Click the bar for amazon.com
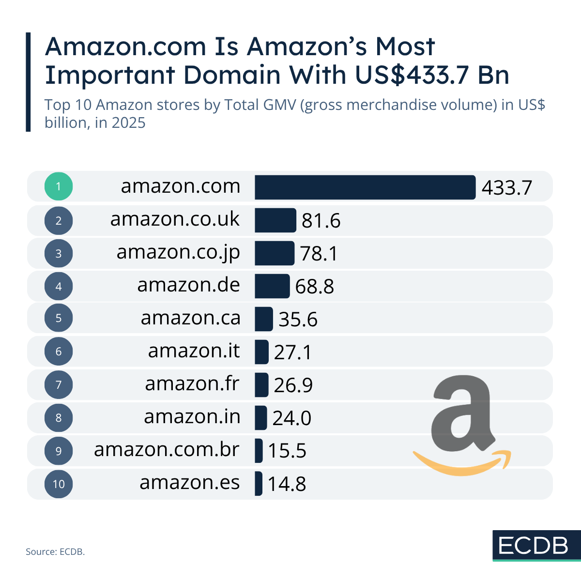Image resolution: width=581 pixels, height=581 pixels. pyautogui.click(x=365, y=187)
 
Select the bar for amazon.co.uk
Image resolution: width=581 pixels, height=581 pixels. pyautogui.click(x=275, y=220)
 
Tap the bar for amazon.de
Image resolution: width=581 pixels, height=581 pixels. pyautogui.click(x=272, y=286)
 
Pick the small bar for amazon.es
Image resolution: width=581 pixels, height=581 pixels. pyautogui.click(x=259, y=484)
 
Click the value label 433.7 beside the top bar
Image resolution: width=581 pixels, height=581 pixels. pyautogui.click(x=506, y=188)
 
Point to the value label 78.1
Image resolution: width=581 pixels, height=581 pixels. pyautogui.click(x=319, y=254)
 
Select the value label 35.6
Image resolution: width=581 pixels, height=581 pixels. pyautogui.click(x=298, y=320)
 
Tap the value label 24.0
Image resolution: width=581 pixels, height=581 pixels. pyautogui.click(x=291, y=418)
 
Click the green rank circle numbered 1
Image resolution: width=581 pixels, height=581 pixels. pyautogui.click(x=59, y=186)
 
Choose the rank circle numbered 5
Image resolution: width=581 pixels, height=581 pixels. pyautogui.click(x=59, y=319)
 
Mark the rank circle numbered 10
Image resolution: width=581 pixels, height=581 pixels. pyautogui.click(x=59, y=484)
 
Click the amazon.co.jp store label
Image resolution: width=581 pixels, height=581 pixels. pyautogui.click(x=178, y=253)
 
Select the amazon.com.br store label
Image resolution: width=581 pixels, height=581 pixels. pyautogui.click(x=167, y=450)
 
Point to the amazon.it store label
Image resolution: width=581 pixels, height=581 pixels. pyautogui.click(x=194, y=351)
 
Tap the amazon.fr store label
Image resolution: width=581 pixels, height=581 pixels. pyautogui.click(x=192, y=384)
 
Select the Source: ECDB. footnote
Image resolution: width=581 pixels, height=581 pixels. pyautogui.click(x=55, y=551)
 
